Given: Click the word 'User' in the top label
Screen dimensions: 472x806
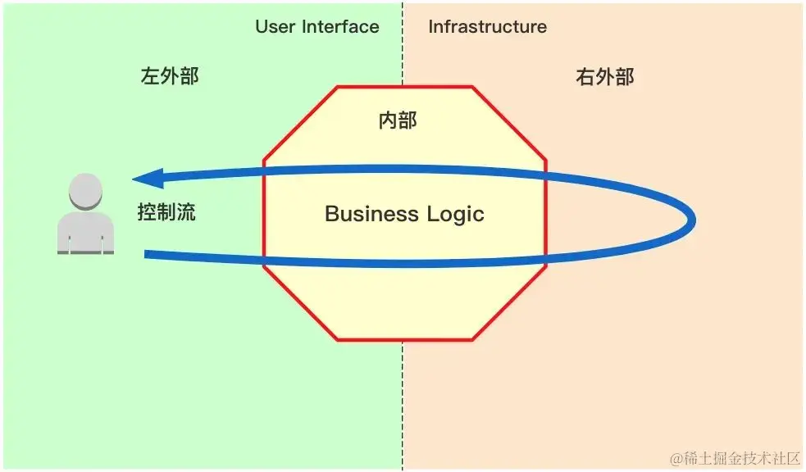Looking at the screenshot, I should coord(275,27).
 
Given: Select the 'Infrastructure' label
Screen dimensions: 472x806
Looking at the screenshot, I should coord(487,27).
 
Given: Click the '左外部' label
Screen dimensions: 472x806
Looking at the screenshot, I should coord(170,77).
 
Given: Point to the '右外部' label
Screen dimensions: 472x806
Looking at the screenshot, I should coord(605,77).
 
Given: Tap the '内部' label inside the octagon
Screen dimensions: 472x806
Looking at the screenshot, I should coord(398,120).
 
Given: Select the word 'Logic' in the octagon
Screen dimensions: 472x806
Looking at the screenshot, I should coord(456,215).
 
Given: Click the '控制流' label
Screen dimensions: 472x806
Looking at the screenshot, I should coord(166,212).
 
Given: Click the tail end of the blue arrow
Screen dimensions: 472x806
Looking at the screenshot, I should coord(148,255).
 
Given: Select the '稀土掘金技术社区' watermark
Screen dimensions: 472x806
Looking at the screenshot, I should coord(742,457).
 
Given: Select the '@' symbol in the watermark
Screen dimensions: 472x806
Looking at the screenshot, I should coord(676,457).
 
